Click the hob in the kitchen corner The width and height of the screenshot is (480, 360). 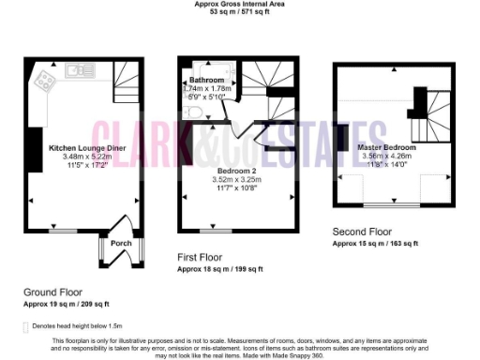(x=43, y=80)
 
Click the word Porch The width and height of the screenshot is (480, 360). (x=122, y=242)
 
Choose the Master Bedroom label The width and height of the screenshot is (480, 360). (x=388, y=147)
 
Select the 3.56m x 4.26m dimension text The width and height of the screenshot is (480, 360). (x=388, y=156)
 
